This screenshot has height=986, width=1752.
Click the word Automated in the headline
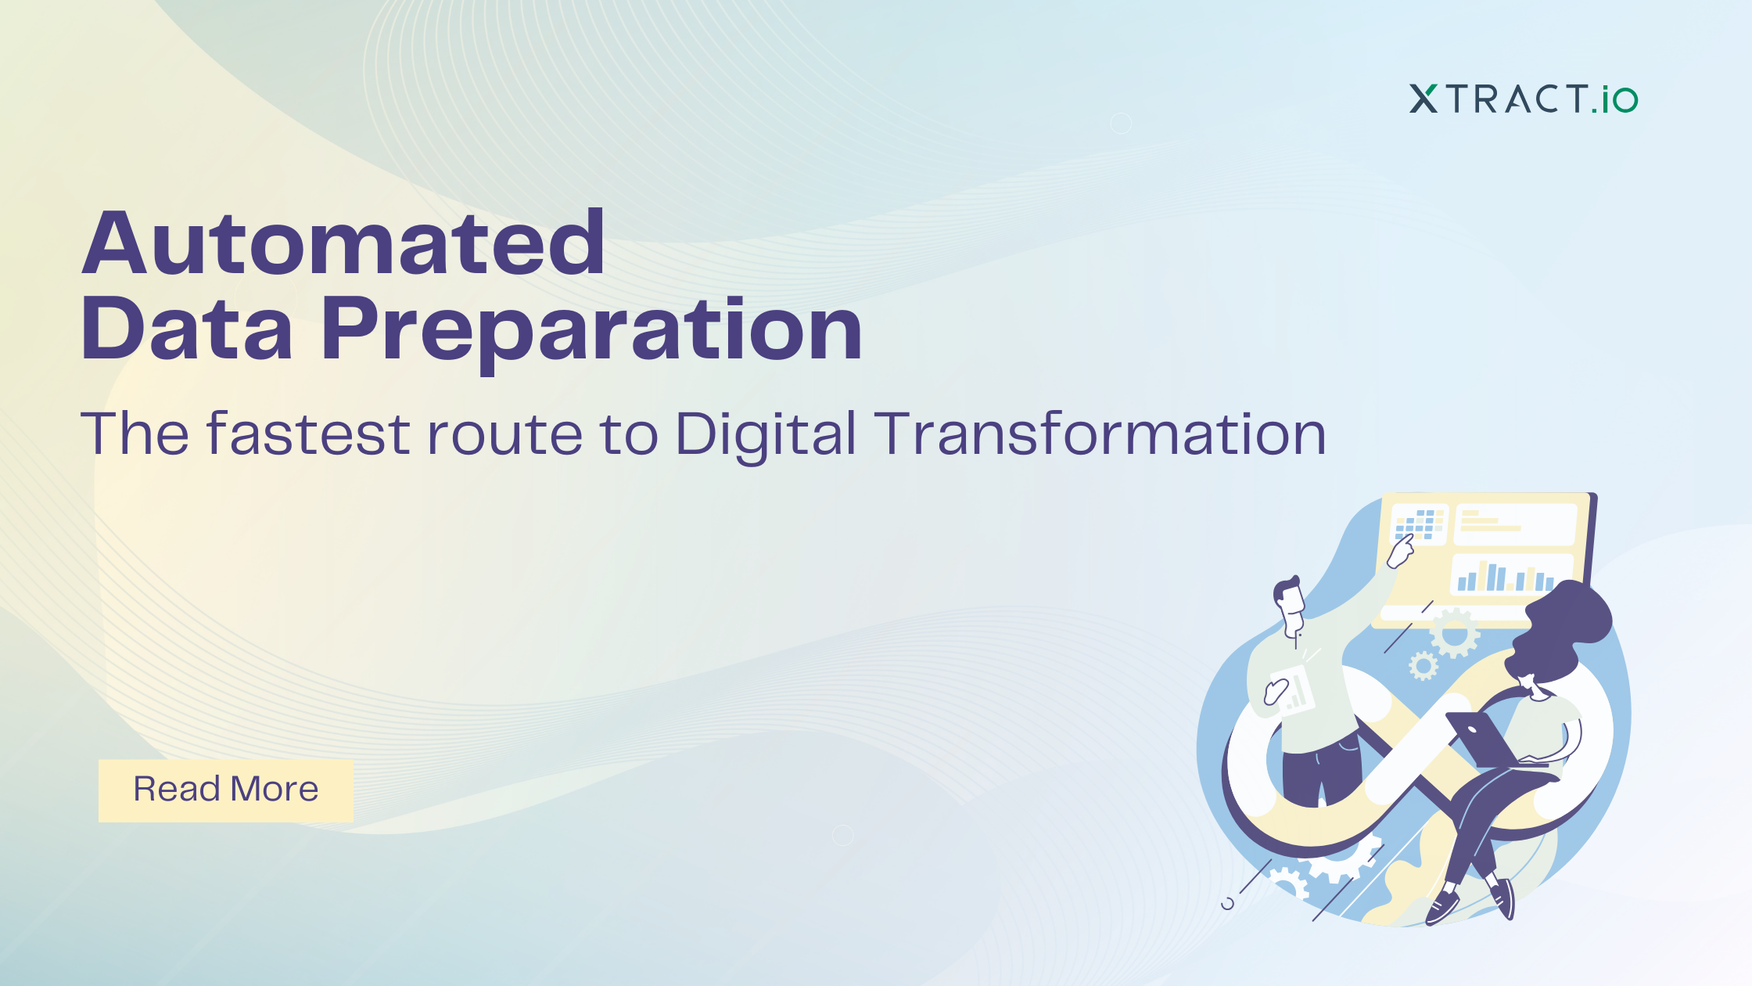click(343, 243)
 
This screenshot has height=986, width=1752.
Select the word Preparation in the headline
click(591, 332)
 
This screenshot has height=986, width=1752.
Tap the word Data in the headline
click(187, 328)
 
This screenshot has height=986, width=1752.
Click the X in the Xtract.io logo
click(1423, 99)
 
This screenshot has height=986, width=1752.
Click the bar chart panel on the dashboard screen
click(1512, 574)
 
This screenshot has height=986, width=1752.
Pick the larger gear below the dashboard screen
click(1454, 633)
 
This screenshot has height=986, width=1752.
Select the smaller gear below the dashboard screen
click(1423, 666)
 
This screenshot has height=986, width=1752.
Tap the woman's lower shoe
click(1441, 907)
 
